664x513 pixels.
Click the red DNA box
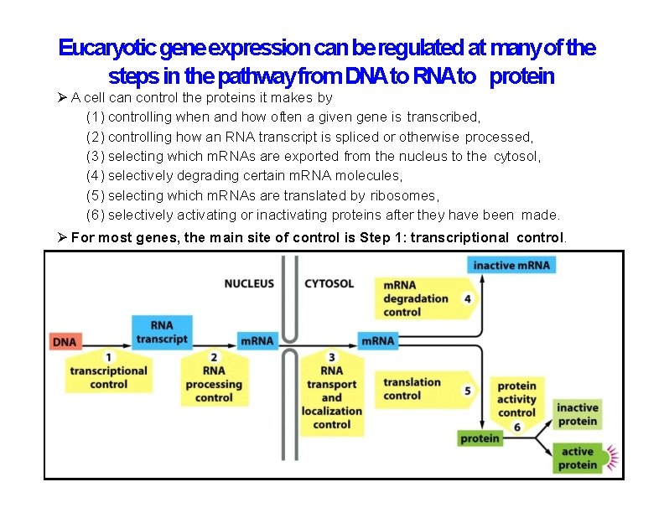(65, 341)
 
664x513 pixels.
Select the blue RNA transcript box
(162, 332)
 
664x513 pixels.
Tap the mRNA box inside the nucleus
(257, 341)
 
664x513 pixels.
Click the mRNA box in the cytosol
(377, 341)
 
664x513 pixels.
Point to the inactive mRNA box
(511, 266)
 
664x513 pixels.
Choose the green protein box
(480, 438)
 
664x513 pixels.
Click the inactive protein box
(577, 415)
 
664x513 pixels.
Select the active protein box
(577, 459)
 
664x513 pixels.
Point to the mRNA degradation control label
(416, 298)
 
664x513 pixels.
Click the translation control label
(412, 389)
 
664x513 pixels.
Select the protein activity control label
(516, 401)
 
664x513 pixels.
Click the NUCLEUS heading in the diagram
(249, 283)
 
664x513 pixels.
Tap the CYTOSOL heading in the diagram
(329, 283)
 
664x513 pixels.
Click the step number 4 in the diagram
(467, 298)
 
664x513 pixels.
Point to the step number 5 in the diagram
(467, 390)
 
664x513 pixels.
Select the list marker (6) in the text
(96, 215)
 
